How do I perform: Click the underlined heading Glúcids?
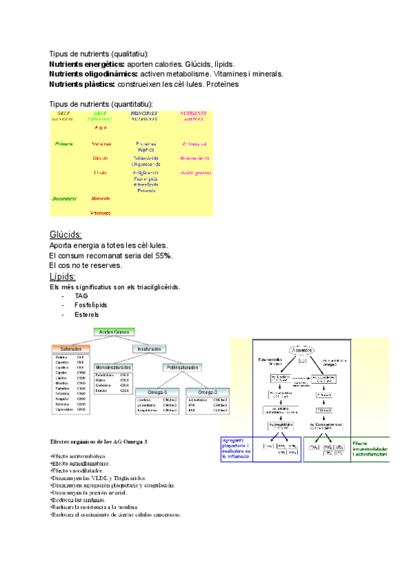pos(66,234)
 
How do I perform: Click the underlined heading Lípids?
pos(64,276)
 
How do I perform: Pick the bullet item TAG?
pos(91,296)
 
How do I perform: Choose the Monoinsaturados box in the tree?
pos(114,367)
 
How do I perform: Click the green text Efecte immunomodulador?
pos(370,448)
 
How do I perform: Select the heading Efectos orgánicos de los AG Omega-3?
pos(99,442)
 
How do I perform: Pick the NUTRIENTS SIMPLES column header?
pos(194,116)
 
